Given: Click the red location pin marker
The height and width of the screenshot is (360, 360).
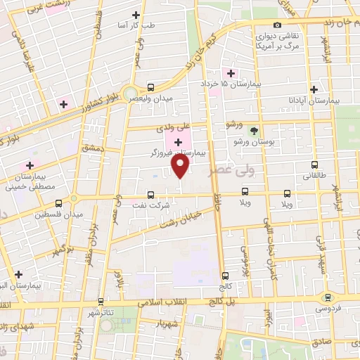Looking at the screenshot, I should click(x=181, y=167).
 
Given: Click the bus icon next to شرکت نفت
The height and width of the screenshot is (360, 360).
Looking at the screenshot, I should click(x=150, y=195).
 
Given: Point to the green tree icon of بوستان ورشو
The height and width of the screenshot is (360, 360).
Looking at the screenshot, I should click(x=254, y=131).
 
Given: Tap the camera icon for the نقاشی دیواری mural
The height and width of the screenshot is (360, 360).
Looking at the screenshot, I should click(x=278, y=25).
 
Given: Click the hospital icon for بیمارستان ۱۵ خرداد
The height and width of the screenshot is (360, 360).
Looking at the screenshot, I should click(x=231, y=73).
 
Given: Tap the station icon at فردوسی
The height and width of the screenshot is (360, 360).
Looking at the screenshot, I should click(x=327, y=297).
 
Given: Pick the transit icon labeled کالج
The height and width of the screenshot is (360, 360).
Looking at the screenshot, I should click(x=225, y=276).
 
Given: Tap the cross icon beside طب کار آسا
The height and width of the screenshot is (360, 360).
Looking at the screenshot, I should click(x=136, y=15).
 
